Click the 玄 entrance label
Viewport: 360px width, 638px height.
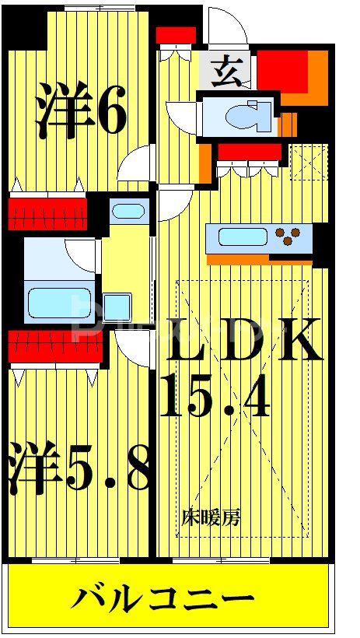[226, 72]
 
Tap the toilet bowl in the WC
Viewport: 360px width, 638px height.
[248, 117]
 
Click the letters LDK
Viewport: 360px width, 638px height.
[242, 340]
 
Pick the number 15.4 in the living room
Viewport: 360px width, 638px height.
[215, 395]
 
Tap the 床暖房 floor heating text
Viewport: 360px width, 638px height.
[211, 517]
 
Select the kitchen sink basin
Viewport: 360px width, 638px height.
[240, 237]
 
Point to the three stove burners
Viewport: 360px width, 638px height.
[288, 237]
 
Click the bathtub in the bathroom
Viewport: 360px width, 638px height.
[59, 303]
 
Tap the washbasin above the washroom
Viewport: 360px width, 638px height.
[128, 211]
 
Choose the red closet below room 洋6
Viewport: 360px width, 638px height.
[48, 215]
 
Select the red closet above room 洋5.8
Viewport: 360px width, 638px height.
[55, 346]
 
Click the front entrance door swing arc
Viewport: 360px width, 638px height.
[228, 24]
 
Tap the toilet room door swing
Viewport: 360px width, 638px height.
[181, 116]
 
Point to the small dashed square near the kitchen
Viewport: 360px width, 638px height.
[309, 162]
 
